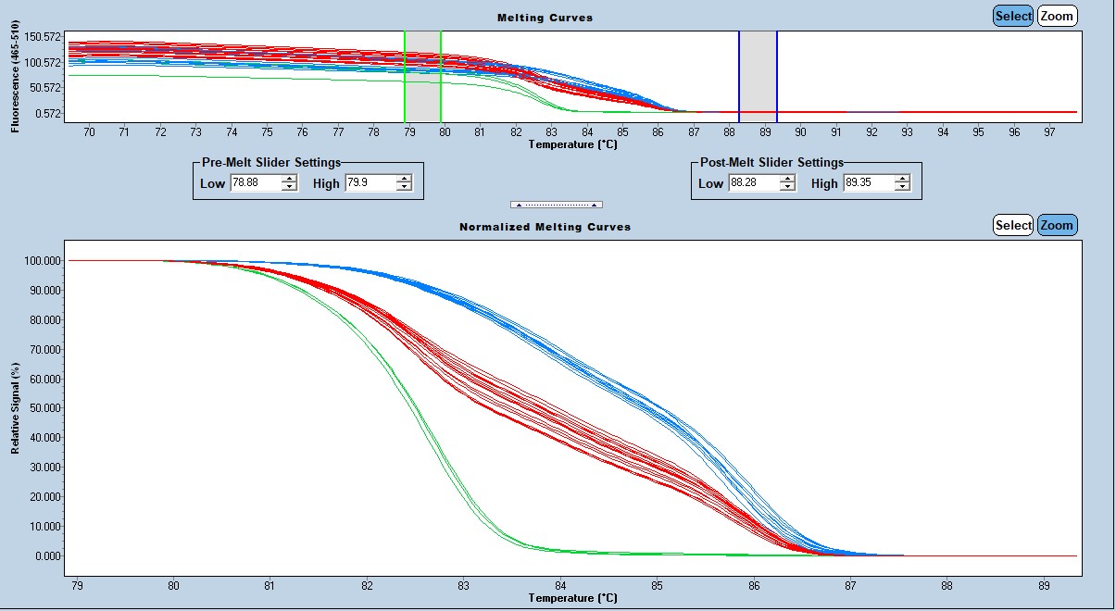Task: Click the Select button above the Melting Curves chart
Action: pos(1012,16)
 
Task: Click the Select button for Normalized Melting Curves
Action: pos(1013,225)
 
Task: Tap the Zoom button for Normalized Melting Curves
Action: pos(1057,225)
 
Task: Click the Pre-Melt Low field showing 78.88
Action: pos(256,183)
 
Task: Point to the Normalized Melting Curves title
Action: pos(545,227)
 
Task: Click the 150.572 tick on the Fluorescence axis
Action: pos(43,36)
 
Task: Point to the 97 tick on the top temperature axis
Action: pos(1050,132)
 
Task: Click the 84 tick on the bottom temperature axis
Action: pos(560,586)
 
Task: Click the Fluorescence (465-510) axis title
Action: pos(16,76)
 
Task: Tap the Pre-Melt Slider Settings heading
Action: pos(271,163)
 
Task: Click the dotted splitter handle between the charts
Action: pos(557,204)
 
